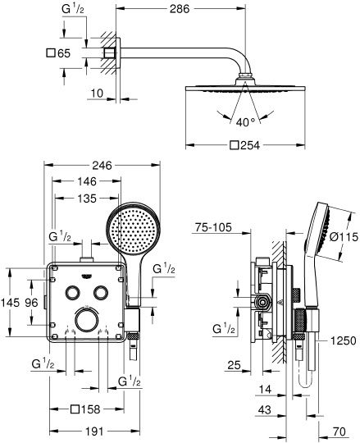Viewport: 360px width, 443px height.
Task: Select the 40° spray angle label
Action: pos(247,123)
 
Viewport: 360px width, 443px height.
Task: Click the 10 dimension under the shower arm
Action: pos(97,94)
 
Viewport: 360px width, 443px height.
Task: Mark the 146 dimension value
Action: pos(89,183)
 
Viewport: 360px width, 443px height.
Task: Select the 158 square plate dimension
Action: pos(88,409)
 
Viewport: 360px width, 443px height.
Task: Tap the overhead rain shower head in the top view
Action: pos(244,89)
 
